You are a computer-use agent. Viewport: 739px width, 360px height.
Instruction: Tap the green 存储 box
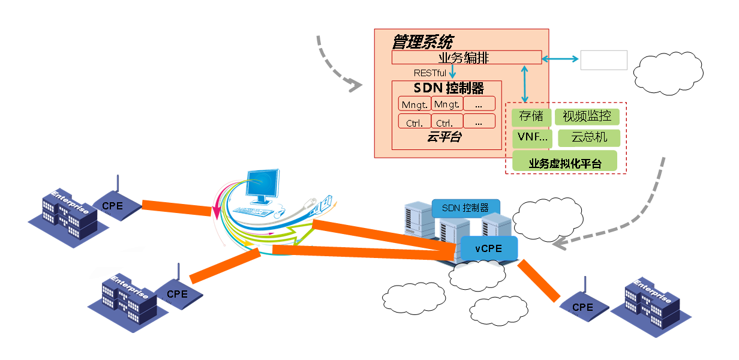click(531, 116)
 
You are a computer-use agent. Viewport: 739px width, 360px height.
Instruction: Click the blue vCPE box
click(488, 247)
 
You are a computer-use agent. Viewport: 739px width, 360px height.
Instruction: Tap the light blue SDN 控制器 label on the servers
click(465, 208)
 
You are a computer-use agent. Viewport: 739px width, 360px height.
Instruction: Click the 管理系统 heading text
click(422, 42)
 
